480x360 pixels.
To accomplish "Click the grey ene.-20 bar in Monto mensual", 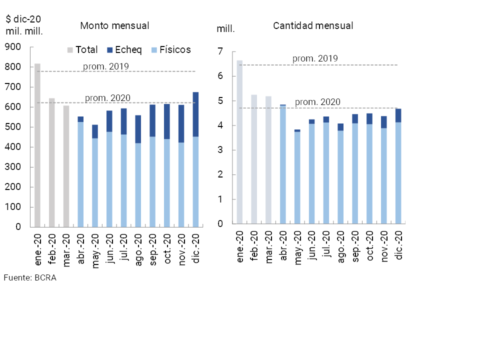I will pos(37,145).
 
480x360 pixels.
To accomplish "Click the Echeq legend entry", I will pos(124,50).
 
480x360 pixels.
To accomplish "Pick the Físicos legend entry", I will pos(170,50).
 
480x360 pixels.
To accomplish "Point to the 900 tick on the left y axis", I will pos(12,47).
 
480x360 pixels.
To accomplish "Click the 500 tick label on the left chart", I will pos(12,127).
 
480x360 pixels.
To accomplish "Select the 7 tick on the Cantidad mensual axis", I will pos(219,51).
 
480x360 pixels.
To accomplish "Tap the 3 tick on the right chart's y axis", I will pos(219,150).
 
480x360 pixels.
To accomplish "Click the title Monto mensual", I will pos(114,25).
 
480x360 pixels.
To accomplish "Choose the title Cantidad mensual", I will pos(313,25).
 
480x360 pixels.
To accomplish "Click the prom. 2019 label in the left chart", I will pos(106,66).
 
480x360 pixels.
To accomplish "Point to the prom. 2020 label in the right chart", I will pos(317,102).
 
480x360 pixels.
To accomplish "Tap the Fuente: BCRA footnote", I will pos(30,278).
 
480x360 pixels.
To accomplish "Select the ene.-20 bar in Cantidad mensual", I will pos(239,142).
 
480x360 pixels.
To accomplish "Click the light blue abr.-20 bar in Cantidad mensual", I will pos(282,165).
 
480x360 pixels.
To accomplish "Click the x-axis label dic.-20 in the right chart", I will pos(398,246).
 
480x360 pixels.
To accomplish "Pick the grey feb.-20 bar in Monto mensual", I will pos(52,162).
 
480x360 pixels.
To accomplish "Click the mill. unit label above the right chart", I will pos(225,29).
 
